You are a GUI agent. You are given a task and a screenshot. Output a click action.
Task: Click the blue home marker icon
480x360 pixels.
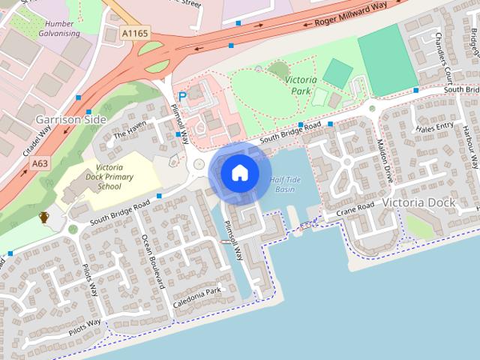(239, 173)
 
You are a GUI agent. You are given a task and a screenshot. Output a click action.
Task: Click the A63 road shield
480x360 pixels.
(40, 162)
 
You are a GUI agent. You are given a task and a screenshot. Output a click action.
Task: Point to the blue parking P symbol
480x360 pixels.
(181, 97)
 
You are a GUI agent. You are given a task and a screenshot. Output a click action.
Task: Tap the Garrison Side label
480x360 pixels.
(71, 119)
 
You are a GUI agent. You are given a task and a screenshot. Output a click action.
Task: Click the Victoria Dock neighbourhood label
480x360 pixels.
(418, 202)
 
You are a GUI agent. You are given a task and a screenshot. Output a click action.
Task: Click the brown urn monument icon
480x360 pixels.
(43, 217)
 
